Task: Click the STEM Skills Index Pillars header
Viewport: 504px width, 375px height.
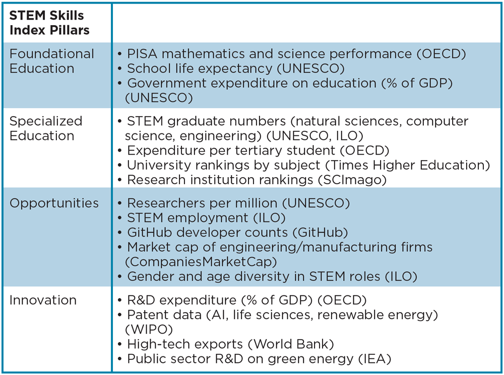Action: click(x=49, y=23)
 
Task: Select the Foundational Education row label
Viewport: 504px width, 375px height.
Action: click(x=52, y=61)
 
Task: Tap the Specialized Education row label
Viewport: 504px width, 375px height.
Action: click(x=46, y=128)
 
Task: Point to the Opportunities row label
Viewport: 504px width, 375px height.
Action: click(x=54, y=203)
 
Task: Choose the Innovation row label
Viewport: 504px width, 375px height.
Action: click(x=43, y=300)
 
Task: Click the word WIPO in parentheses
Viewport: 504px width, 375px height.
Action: click(x=149, y=329)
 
